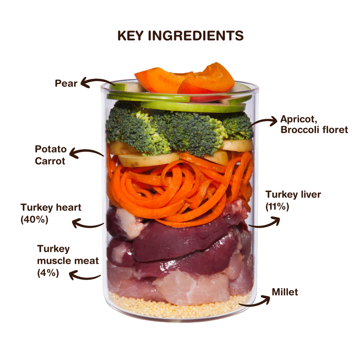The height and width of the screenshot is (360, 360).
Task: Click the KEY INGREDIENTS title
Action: tap(180, 36)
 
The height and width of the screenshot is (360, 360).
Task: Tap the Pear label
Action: tap(66, 83)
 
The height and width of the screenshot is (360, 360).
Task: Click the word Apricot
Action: tap(299, 120)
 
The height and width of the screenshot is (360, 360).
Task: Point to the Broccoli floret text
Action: tap(314, 130)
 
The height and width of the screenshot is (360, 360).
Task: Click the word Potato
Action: tap(51, 149)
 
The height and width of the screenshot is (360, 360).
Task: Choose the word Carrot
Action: tap(50, 161)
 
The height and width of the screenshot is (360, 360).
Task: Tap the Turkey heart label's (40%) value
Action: tap(34, 219)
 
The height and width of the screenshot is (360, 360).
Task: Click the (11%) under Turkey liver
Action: tap(277, 207)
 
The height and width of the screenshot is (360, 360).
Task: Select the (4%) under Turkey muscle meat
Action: tap(48, 273)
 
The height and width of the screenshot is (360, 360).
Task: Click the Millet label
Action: tap(285, 292)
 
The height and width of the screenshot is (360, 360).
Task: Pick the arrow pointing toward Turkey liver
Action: tap(265, 225)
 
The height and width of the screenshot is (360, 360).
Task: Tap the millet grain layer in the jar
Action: tap(179, 308)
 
